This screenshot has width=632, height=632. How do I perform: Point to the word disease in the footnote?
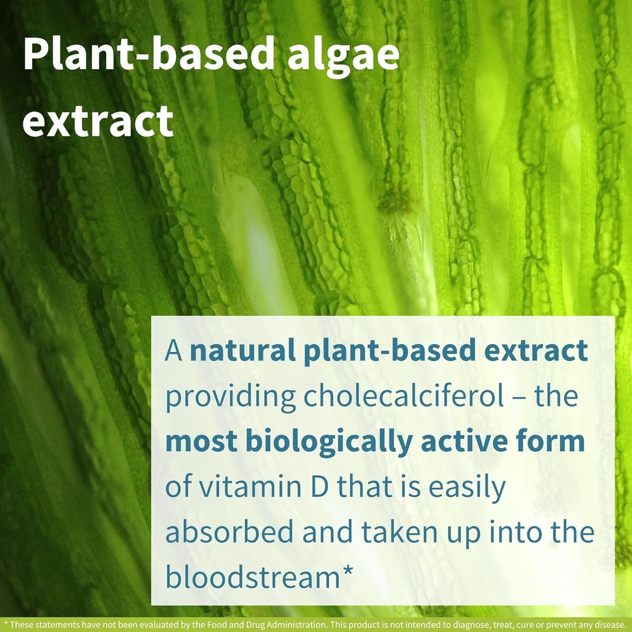click(x=610, y=624)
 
